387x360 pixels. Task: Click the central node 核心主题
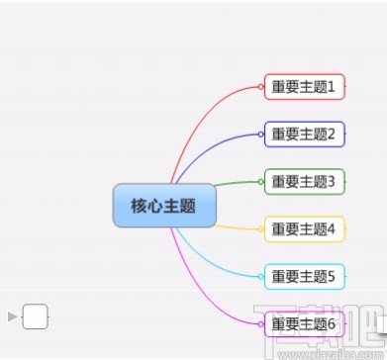pyautogui.click(x=163, y=206)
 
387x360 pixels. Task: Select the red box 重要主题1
pyautogui.click(x=304, y=87)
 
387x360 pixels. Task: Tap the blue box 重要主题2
pyautogui.click(x=304, y=135)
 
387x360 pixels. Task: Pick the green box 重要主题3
pyautogui.click(x=304, y=181)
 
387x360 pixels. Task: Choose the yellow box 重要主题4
pyautogui.click(x=304, y=229)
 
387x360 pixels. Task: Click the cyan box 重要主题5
pyautogui.click(x=304, y=276)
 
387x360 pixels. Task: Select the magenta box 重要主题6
pyautogui.click(x=304, y=323)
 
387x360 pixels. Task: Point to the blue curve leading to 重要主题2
pyautogui.click(x=213, y=148)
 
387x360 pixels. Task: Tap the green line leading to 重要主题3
pyautogui.click(x=233, y=183)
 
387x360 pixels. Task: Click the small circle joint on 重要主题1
pyautogui.click(x=261, y=87)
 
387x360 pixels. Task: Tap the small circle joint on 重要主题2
pyautogui.click(x=261, y=135)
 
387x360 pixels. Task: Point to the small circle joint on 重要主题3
pyautogui.click(x=261, y=181)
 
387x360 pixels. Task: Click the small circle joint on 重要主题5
pyautogui.click(x=261, y=276)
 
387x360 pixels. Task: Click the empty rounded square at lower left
pyautogui.click(x=35, y=316)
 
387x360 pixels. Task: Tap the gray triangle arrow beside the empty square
pyautogui.click(x=13, y=316)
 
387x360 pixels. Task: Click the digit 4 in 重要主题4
pyautogui.click(x=332, y=229)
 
